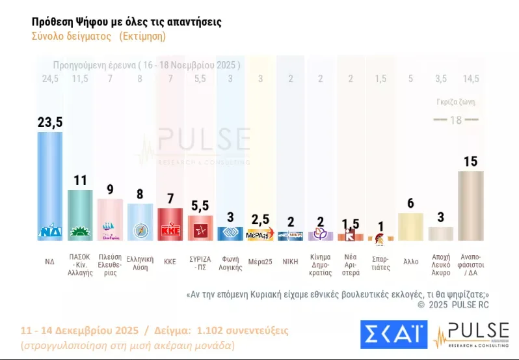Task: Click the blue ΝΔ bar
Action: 50,186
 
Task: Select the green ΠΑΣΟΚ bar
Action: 81,215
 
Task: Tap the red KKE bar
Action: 170,225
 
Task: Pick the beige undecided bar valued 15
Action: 470,205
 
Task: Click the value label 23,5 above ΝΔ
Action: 50,122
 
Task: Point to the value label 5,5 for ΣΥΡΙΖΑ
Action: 200,206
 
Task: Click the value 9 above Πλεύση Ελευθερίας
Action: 110,189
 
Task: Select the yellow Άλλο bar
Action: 410,227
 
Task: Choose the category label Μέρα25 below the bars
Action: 260,261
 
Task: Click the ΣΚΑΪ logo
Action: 393,335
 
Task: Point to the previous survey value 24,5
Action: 50,79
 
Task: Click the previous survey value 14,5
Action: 470,79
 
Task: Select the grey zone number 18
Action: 456,120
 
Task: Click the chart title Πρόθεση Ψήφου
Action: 126,22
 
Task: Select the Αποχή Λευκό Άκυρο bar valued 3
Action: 440,233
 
